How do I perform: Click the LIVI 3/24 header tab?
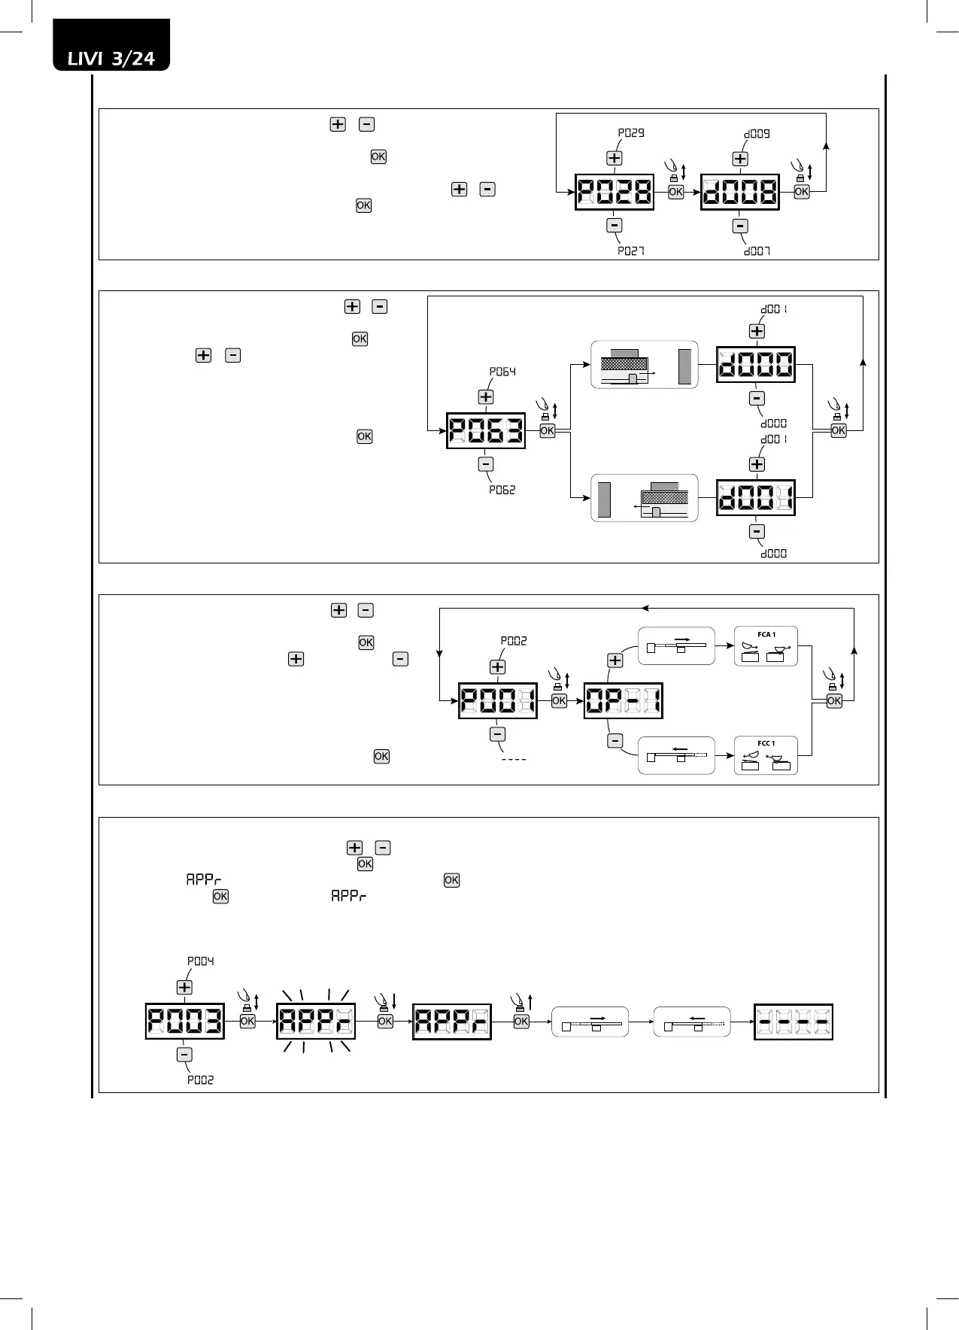[x=111, y=57]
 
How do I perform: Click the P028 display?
[x=615, y=192]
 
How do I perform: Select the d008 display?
[x=740, y=192]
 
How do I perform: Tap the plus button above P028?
[x=615, y=158]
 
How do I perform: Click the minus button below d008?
[x=740, y=226]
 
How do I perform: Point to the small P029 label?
[x=631, y=133]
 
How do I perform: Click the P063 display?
[x=486, y=431]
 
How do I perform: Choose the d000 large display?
[x=756, y=365]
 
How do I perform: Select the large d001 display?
[x=756, y=497]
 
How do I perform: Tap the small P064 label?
[x=502, y=372]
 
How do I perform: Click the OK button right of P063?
[x=548, y=431]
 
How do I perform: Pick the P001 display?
[x=498, y=701]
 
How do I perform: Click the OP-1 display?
[x=624, y=701]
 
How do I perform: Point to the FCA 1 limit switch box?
[x=766, y=646]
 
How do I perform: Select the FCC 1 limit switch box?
[x=766, y=755]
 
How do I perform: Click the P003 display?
[x=185, y=1022]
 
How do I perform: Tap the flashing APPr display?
[x=316, y=1022]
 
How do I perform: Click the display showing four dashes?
[x=794, y=1022]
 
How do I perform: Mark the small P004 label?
[x=201, y=961]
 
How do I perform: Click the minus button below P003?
[x=184, y=1055]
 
